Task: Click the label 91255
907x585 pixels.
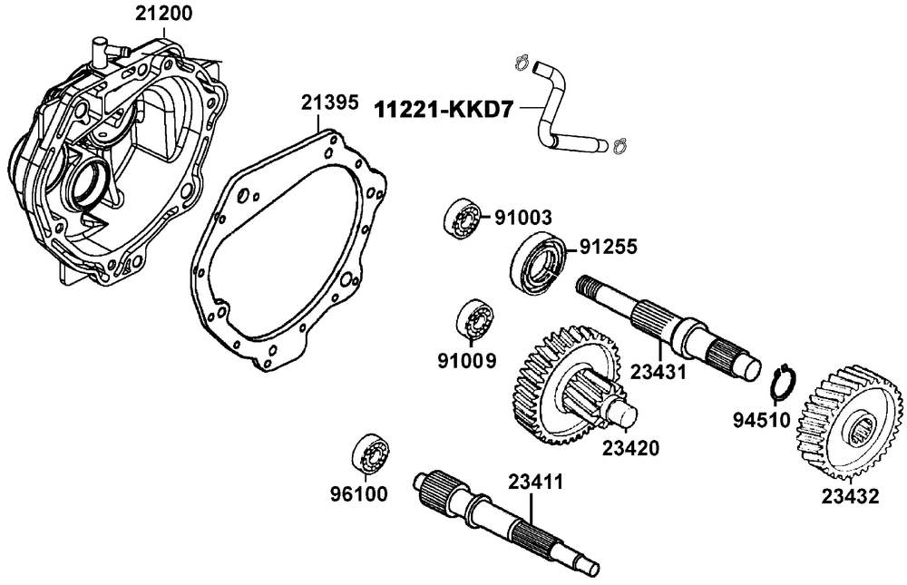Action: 610,246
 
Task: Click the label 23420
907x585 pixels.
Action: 628,448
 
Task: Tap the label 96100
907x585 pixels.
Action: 359,494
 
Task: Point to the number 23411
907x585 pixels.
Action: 536,483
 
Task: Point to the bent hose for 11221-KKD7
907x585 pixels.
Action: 554,110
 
